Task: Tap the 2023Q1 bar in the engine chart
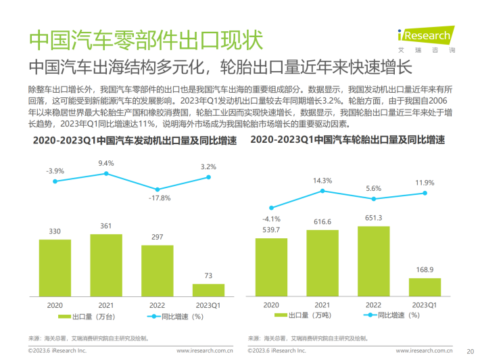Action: click(208, 291)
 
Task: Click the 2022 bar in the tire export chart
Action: click(373, 263)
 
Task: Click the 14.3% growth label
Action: click(322, 181)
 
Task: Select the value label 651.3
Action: click(373, 218)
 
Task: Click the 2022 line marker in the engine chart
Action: click(158, 189)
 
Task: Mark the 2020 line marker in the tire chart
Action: click(271, 208)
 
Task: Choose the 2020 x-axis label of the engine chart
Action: click(55, 305)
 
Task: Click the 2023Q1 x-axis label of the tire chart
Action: click(425, 305)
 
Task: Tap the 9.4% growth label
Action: click(106, 163)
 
